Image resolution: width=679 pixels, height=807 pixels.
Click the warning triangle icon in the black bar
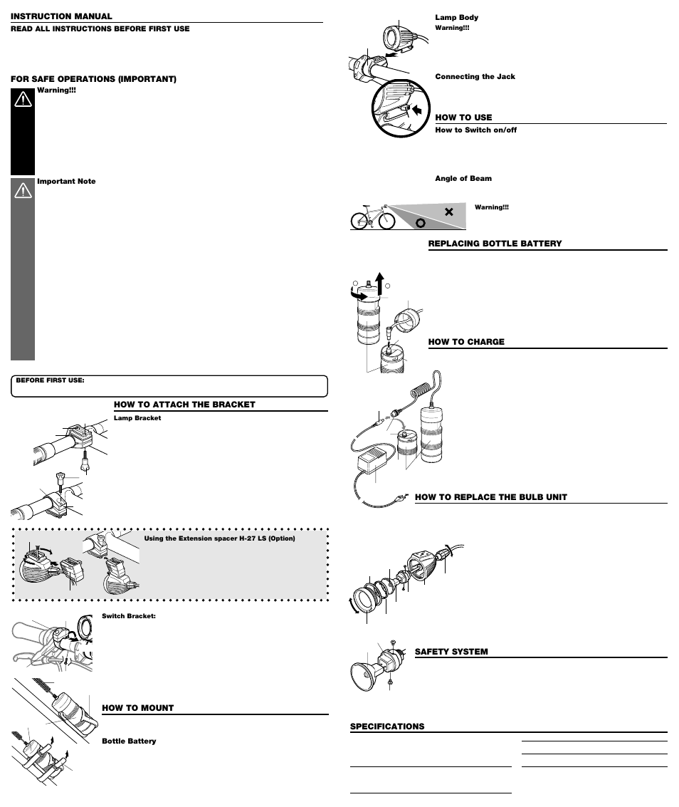(x=23, y=100)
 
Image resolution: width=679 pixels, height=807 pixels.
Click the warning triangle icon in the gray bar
(x=23, y=190)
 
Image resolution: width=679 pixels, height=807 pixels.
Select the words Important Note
(x=66, y=182)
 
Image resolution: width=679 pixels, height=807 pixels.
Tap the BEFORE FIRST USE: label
(x=50, y=380)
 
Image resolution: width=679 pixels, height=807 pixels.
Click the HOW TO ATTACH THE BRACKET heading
(x=184, y=405)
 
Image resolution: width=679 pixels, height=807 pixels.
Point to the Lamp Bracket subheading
(x=137, y=418)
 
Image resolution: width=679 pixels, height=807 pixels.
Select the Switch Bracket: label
(x=129, y=615)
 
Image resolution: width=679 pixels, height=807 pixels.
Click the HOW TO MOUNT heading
(x=138, y=708)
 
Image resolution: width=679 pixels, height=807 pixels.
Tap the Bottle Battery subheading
(x=129, y=741)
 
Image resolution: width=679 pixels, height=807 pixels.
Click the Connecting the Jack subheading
(x=475, y=76)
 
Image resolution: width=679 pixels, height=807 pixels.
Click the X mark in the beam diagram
(x=448, y=212)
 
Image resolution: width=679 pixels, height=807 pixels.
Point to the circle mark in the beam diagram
(x=421, y=222)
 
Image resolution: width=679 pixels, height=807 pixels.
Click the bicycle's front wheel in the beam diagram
(x=386, y=221)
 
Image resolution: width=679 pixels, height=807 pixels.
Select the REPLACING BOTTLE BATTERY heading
(x=495, y=244)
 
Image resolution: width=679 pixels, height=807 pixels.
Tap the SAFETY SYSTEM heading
(x=451, y=652)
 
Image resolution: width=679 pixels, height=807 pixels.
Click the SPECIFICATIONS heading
(x=387, y=727)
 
